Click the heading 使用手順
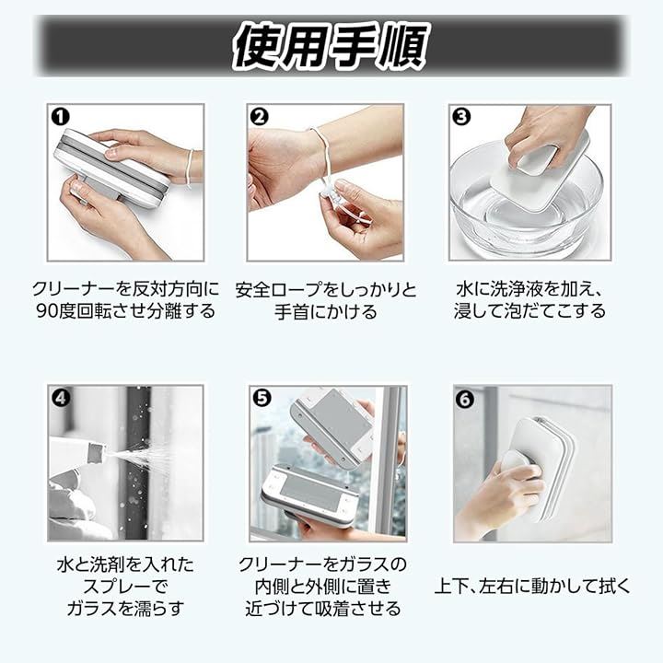click(331, 47)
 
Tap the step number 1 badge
click(60, 117)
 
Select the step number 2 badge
click(259, 117)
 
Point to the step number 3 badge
click(461, 117)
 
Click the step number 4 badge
click(61, 398)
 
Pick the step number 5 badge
click(262, 398)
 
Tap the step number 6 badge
click(464, 399)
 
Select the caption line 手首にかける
click(326, 312)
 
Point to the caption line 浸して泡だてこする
click(529, 311)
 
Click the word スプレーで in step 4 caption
click(125, 587)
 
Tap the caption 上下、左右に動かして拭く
click(532, 586)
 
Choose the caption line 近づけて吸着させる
click(323, 609)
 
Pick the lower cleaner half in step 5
click(310, 497)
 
